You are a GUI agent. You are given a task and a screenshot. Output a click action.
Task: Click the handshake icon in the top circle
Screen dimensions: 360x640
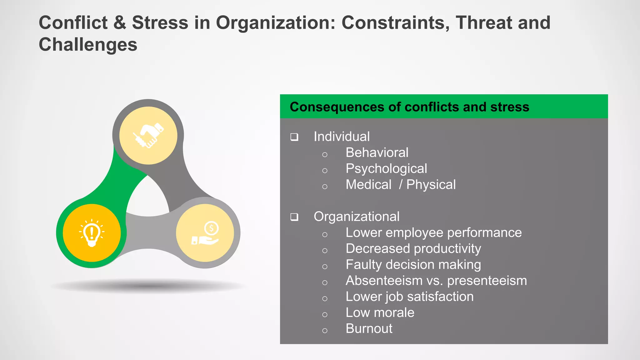point(148,135)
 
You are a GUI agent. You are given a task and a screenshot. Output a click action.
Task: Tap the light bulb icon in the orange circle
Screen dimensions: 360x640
point(92,233)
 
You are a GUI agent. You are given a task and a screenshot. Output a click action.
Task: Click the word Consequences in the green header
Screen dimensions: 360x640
point(337,107)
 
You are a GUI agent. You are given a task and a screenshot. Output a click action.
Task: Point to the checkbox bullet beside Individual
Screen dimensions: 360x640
point(294,137)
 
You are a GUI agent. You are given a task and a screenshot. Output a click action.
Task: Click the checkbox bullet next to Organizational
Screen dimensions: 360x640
point(294,217)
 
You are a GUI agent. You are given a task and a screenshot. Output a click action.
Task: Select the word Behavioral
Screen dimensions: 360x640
point(377,152)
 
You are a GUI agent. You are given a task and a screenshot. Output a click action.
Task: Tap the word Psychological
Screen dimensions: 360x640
point(386,169)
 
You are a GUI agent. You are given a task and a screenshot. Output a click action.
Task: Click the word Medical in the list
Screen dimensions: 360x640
point(368,185)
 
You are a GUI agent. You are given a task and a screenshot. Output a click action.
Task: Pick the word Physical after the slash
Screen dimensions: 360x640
point(431,185)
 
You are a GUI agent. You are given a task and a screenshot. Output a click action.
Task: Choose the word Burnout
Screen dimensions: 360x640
point(369,329)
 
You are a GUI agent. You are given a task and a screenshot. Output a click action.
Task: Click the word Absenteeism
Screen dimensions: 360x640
point(384,281)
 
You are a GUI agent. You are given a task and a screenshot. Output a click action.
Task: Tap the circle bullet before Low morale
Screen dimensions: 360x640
point(325,314)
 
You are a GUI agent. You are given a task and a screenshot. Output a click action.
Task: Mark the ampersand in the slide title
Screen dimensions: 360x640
point(120,23)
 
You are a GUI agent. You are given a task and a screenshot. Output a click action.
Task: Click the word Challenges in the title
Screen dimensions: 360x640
point(88,44)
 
